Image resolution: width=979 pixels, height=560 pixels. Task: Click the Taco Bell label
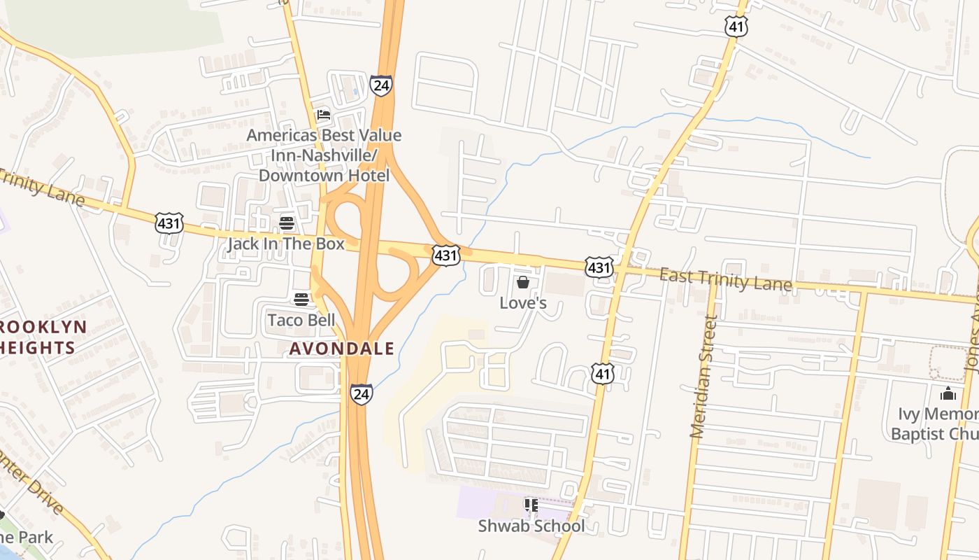(301, 321)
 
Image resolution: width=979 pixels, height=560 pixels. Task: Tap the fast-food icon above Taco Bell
(301, 300)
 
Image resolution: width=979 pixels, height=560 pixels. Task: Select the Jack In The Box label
(286, 244)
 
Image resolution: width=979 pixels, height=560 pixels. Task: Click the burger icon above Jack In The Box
(287, 223)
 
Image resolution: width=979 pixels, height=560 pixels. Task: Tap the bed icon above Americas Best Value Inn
(323, 115)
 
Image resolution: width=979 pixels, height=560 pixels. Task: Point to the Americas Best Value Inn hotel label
(324, 155)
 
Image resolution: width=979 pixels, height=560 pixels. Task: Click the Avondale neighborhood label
(342, 348)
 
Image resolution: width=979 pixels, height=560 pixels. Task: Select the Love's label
(522, 303)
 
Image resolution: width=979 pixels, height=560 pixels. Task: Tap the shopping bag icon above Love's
(522, 282)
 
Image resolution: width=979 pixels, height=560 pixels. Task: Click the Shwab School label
(531, 526)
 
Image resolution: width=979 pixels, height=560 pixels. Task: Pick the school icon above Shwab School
(531, 505)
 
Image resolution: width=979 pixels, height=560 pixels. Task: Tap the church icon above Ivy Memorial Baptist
(948, 393)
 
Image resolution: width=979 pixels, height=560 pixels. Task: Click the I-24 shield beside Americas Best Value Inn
(381, 86)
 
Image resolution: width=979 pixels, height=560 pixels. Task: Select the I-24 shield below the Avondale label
(362, 394)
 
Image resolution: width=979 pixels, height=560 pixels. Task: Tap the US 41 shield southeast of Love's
(602, 374)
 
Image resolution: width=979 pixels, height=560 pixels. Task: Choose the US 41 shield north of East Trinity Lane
(736, 27)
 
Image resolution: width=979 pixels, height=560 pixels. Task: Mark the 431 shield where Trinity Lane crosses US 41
(600, 267)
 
